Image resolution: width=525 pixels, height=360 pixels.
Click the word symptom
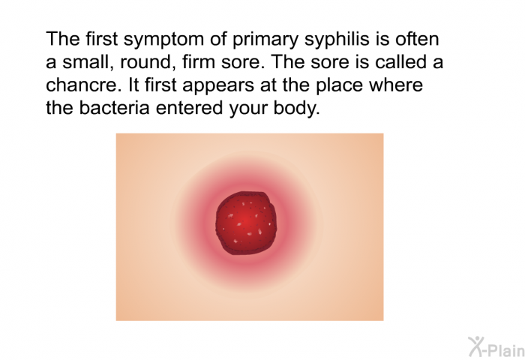(163, 40)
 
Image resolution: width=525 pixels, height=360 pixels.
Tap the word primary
(265, 40)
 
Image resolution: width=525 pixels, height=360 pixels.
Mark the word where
(396, 85)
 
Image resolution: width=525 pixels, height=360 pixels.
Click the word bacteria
(114, 108)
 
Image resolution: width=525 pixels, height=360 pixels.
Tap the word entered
(189, 108)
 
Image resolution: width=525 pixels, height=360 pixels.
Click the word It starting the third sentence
(133, 85)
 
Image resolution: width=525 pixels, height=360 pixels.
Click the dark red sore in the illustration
(246, 223)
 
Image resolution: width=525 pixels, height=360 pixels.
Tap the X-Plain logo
(496, 346)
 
